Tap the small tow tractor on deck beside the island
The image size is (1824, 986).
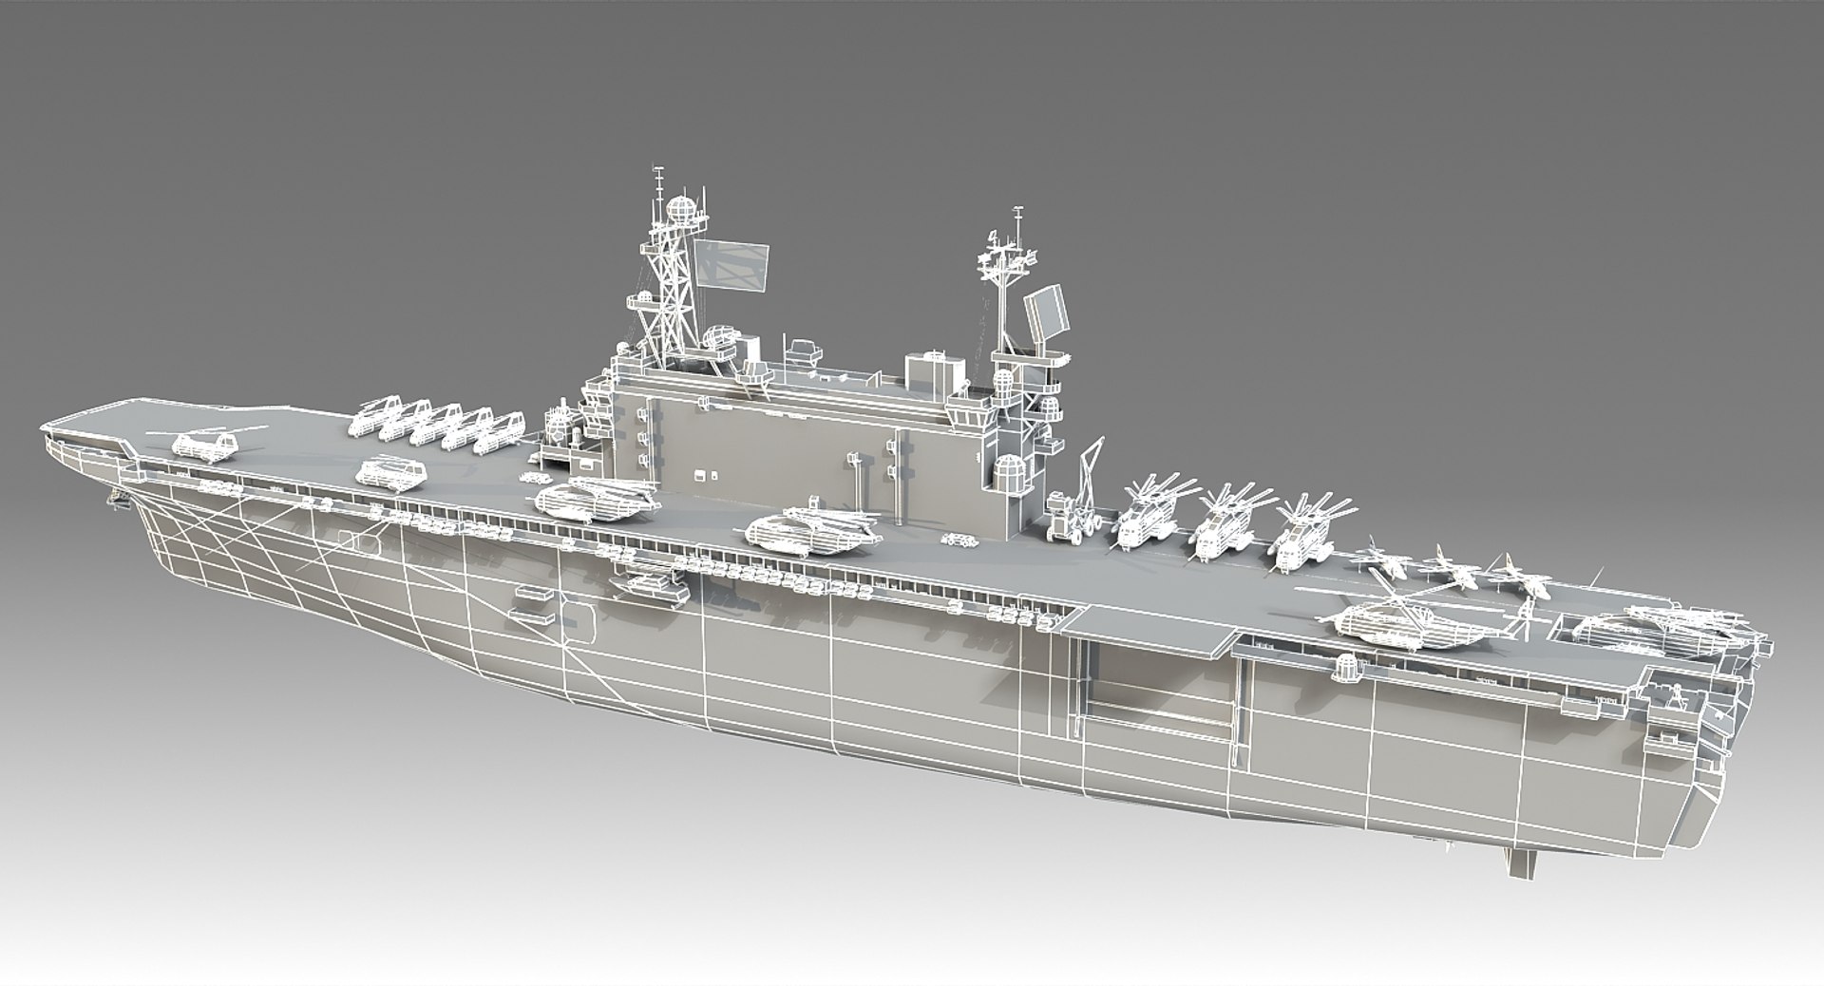959,541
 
